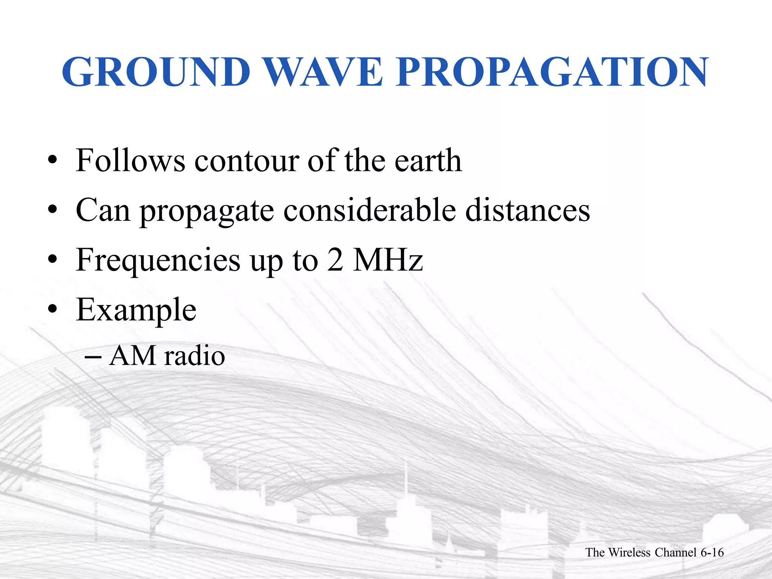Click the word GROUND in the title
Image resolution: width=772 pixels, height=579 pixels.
coord(156,72)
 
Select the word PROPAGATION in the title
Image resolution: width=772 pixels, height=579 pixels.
coord(552,72)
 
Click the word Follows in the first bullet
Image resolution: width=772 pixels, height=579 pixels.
coord(130,161)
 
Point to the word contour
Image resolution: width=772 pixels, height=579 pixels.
coord(247,161)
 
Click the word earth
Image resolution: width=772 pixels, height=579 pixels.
coord(428,161)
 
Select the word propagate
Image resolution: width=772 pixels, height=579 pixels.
coord(207,211)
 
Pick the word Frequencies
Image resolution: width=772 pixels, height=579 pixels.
coord(158,261)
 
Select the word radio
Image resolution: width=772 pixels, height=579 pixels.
coord(195,356)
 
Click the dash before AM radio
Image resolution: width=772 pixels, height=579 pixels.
coord(93,357)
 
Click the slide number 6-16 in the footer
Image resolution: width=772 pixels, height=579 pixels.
coord(712,553)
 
